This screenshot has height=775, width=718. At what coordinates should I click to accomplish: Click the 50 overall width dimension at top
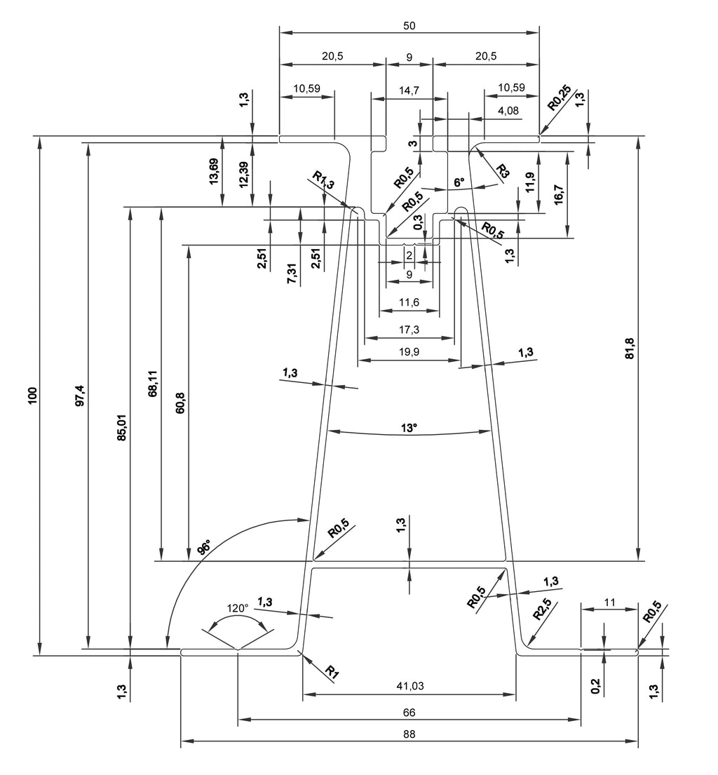[409, 26]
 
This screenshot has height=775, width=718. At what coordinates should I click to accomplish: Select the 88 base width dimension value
[409, 734]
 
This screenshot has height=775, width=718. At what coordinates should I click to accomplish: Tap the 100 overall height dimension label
[33, 396]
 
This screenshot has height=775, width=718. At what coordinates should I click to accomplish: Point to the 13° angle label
[409, 428]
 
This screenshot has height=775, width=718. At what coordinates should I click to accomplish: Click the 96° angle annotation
[203, 547]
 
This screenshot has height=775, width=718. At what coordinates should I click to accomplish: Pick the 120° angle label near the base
[238, 608]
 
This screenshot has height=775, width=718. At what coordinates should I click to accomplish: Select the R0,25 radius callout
[560, 97]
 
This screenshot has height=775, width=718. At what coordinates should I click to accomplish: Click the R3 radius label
[502, 172]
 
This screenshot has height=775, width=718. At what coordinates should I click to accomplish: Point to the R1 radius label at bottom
[332, 672]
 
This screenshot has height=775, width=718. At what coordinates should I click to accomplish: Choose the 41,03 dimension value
[410, 685]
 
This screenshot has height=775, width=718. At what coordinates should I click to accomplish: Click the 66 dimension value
[409, 713]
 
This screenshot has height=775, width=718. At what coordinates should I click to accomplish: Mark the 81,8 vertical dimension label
[630, 349]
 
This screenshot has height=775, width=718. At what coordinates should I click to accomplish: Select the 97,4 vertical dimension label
[81, 396]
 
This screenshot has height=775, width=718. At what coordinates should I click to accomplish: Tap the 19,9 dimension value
[409, 352]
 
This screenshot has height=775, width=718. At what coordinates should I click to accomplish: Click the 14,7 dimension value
[409, 90]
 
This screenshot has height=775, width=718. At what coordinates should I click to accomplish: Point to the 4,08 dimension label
[508, 110]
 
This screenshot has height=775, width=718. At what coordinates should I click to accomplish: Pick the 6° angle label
[459, 182]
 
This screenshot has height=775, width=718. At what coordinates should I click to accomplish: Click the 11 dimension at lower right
[610, 602]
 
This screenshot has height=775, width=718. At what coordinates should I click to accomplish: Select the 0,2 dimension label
[595, 686]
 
